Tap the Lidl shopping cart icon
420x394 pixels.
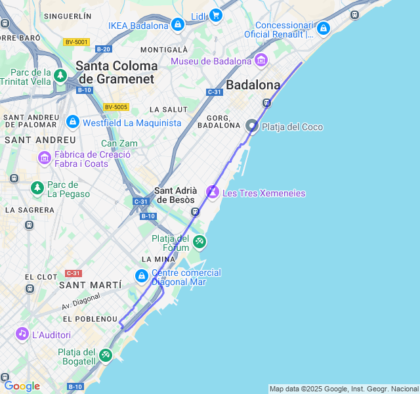pyautogui.click(x=215, y=15)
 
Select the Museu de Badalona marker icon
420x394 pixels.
pyautogui.click(x=261, y=61)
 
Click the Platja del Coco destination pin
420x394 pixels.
pyautogui.click(x=252, y=125)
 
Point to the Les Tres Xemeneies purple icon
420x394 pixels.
pyautogui.click(x=213, y=192)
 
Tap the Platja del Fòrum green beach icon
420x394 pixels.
pyautogui.click(x=199, y=242)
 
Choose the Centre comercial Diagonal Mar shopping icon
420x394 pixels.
pyautogui.click(x=141, y=276)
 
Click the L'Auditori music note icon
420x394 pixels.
pyautogui.click(x=22, y=334)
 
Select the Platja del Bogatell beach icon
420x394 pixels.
pyautogui.click(x=105, y=355)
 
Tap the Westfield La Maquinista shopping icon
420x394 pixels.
pyautogui.click(x=72, y=122)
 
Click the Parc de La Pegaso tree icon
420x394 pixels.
pyautogui.click(x=37, y=188)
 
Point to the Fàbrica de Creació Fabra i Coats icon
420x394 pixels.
pyautogui.click(x=45, y=158)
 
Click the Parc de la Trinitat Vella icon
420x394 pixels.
pyautogui.click(x=60, y=76)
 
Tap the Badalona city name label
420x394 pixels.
pyautogui.click(x=253, y=85)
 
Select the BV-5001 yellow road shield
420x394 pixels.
pyautogui.click(x=76, y=42)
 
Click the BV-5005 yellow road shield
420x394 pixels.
pyautogui.click(x=116, y=107)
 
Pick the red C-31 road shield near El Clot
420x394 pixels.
pyautogui.click(x=73, y=273)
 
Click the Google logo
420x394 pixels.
pyautogui.click(x=21, y=386)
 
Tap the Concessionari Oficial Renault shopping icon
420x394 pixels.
pyautogui.click(x=322, y=28)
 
